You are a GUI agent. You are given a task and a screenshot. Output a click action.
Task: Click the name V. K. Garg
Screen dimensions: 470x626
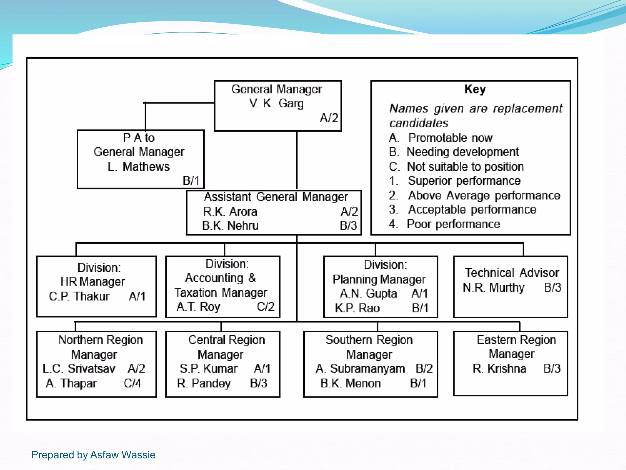point(276,103)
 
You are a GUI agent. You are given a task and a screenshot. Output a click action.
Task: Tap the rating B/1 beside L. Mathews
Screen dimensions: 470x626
point(191,181)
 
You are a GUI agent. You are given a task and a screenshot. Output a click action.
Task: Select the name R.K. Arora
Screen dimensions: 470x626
point(230,211)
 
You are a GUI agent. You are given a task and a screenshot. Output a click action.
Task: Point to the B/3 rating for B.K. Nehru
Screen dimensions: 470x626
point(348,226)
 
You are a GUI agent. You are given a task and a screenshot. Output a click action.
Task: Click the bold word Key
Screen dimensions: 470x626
point(475,89)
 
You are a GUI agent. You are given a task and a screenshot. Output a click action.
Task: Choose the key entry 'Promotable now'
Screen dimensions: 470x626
point(450,138)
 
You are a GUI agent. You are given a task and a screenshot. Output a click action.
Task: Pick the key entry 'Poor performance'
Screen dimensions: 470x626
point(453,224)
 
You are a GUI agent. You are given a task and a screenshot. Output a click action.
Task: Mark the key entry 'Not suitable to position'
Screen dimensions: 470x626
point(465,167)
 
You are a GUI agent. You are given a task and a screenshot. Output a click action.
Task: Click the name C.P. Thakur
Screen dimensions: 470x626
point(79,296)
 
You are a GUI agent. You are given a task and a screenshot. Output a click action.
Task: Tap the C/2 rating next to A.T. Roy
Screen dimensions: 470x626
point(265,307)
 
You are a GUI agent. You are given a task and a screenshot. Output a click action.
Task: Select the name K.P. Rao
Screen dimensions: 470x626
point(357,308)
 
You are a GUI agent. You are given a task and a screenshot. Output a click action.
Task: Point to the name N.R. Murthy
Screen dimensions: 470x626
point(493,288)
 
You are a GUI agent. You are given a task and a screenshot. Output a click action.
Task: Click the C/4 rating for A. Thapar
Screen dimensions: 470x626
point(132,383)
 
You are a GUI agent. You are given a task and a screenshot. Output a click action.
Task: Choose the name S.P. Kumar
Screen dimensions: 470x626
point(208,369)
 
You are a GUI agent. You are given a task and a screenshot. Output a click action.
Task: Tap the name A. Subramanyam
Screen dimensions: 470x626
point(360,369)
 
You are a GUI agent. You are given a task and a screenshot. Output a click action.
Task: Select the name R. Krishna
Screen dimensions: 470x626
point(499,369)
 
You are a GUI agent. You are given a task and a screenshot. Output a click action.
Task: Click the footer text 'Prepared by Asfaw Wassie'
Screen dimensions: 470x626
point(93,455)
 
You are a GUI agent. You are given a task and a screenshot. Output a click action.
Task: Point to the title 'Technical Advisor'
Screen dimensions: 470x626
point(512,273)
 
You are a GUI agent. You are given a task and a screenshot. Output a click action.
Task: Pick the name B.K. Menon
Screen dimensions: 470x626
point(350,383)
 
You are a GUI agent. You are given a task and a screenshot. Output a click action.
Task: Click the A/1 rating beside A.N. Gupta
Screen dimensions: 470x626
point(420,293)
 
